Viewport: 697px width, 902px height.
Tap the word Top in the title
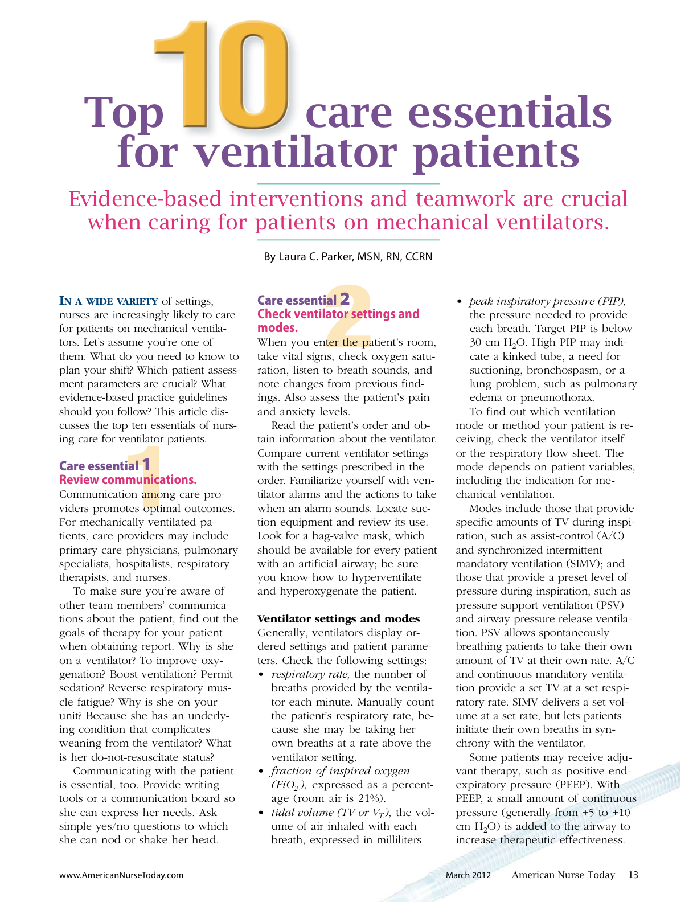(125, 112)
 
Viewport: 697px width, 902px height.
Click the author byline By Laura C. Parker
(348, 257)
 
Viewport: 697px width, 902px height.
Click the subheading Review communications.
(128, 479)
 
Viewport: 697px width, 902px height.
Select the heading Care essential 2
(304, 300)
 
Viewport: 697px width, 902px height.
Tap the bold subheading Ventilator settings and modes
(339, 619)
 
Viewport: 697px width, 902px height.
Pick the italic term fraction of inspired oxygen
(340, 771)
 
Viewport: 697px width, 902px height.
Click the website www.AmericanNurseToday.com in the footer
(121, 875)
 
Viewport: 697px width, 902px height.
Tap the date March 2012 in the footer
(468, 875)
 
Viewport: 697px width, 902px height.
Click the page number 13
(633, 875)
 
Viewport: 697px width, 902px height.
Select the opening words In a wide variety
(109, 301)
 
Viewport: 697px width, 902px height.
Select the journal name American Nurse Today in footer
(563, 875)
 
